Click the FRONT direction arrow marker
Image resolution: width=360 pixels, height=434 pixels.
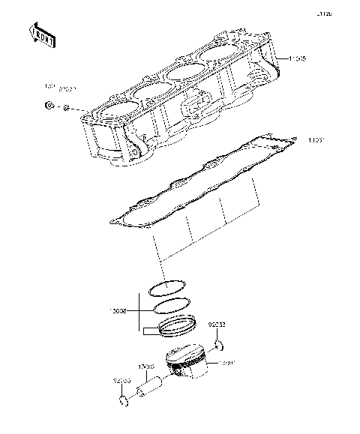(x=42, y=34)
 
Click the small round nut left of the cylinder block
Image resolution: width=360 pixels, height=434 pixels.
(x=49, y=106)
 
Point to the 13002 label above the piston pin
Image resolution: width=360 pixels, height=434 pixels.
(x=145, y=367)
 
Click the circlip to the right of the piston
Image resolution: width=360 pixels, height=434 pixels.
(x=220, y=346)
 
